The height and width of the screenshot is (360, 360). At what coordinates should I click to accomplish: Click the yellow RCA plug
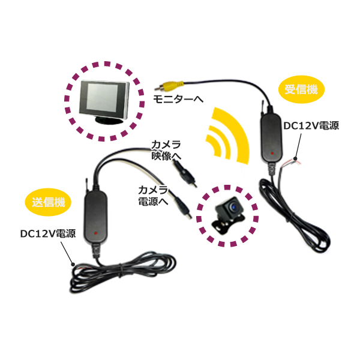point(169,86)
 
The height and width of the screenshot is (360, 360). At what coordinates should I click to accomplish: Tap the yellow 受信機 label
point(301,89)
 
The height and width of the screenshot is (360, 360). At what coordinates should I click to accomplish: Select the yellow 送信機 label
point(48,202)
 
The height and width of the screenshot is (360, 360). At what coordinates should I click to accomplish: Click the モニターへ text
point(178,99)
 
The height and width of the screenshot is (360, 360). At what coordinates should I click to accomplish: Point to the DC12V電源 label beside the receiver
point(311,125)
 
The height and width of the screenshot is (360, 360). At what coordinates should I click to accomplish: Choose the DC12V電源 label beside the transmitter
point(48,234)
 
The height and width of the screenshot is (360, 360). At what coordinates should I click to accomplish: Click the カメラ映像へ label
point(166,151)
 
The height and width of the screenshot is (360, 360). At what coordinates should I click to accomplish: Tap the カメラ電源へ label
point(153,196)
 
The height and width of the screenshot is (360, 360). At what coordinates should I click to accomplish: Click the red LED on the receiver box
point(272,152)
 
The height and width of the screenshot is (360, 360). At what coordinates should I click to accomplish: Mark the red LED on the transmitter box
point(95,233)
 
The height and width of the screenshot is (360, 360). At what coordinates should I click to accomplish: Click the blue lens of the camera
point(235,207)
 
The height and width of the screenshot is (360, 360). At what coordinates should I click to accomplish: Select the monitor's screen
point(103,97)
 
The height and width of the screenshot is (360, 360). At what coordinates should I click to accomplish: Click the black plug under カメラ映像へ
point(185,173)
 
